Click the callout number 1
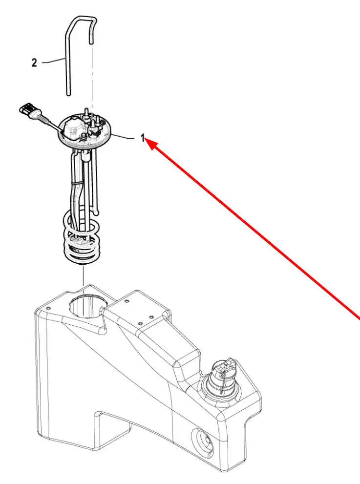click(142, 138)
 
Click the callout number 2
click(34, 63)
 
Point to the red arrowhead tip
click(145, 139)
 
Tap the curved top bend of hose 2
click(82, 19)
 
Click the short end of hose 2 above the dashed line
click(91, 42)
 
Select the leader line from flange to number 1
click(122, 137)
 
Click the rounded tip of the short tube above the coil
click(97, 212)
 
